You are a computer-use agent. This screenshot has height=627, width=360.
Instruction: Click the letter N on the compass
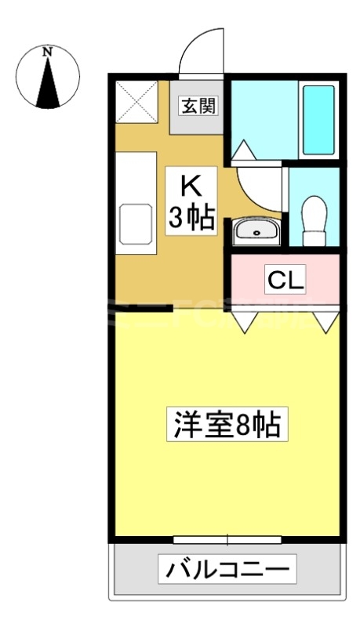[48, 52]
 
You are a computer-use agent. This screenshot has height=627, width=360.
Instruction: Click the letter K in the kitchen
[191, 187]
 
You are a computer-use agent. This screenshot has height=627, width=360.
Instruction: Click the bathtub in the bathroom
[318, 118]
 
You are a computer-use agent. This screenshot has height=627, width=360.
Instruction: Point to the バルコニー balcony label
[227, 568]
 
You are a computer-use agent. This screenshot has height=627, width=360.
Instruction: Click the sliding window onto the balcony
[227, 539]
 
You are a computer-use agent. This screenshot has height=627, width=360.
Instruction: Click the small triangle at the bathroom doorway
[242, 150]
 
